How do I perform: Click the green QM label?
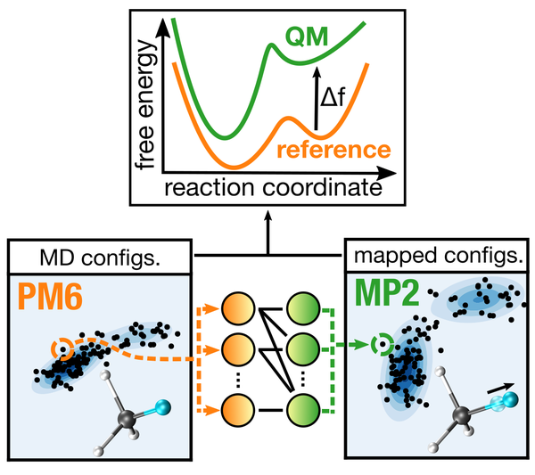point(309,38)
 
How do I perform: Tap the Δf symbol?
point(338,91)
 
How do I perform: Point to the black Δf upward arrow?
point(315,103)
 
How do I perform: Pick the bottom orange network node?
point(238,413)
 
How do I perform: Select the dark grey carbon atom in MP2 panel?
point(462,415)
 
